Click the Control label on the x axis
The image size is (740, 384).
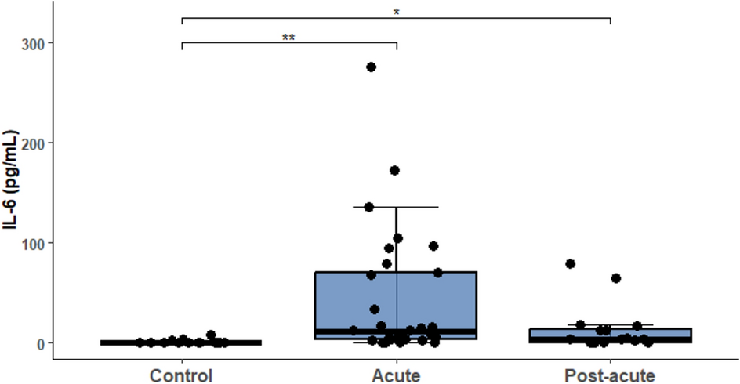(x=181, y=375)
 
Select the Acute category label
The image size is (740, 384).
(x=396, y=375)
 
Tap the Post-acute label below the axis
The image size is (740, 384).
(x=609, y=375)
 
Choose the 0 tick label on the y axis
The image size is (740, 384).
(x=39, y=343)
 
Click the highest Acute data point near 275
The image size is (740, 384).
(x=372, y=67)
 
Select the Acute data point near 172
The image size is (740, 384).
(x=395, y=170)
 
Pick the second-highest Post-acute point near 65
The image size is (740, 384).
(x=616, y=278)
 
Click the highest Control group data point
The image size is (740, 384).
(x=211, y=335)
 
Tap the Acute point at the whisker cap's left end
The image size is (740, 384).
(x=369, y=207)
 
